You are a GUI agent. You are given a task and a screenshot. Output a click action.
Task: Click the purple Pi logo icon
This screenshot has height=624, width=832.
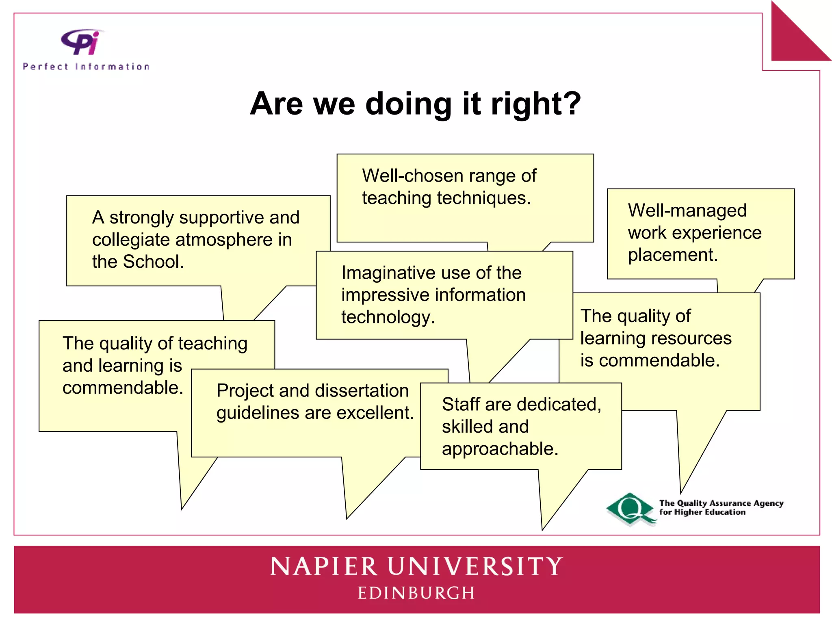[81, 42]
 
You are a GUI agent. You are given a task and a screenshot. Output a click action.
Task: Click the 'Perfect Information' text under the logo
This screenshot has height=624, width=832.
[86, 67]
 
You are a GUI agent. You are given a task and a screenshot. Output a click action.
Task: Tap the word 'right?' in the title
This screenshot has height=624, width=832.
[536, 104]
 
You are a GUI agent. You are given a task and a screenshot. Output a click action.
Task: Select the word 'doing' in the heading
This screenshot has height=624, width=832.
[408, 104]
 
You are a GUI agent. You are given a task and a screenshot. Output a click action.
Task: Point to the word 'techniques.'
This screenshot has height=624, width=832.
[484, 198]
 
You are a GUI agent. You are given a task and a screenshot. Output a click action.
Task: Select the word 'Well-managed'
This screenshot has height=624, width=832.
[687, 210]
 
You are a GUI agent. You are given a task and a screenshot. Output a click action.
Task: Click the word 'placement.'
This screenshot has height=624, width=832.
[673, 255]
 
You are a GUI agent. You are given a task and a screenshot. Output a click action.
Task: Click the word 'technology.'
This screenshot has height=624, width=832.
[388, 317]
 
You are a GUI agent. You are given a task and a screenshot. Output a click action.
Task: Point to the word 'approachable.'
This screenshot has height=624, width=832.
[500, 449]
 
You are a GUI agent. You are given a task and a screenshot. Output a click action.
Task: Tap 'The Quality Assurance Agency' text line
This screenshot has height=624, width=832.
[721, 503]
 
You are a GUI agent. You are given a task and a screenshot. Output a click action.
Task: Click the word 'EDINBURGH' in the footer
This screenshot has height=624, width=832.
[416, 593]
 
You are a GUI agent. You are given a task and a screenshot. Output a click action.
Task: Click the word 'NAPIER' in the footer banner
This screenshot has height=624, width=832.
[324, 567]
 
